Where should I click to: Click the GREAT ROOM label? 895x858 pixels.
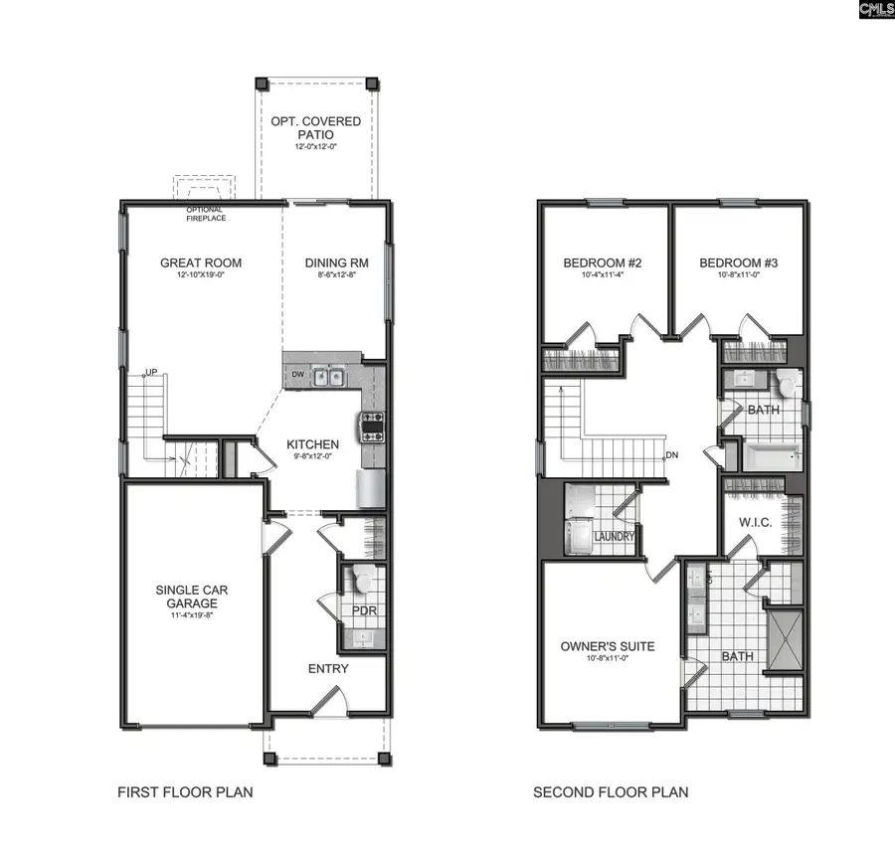coord(201,263)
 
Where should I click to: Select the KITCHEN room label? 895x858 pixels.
coord(312,444)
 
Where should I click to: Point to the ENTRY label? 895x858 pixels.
coord(328,668)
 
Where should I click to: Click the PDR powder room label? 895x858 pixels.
coord(365,609)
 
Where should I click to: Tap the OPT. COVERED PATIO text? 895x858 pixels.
coord(316,128)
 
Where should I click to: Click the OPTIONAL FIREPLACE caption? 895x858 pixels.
coord(204,214)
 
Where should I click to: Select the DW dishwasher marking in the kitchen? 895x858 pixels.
coord(297,375)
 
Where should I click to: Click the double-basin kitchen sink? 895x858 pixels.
coord(327,376)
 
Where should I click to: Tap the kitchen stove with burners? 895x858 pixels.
coord(372,426)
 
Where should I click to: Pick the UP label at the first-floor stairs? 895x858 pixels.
coord(151,372)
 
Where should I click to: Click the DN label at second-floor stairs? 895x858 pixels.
coord(671,455)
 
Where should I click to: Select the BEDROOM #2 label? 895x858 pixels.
coord(602,263)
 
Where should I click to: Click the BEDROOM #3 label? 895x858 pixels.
coord(737,263)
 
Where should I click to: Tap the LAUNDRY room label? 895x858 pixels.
coord(614,537)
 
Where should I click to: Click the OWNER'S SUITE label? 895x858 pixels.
coord(608,646)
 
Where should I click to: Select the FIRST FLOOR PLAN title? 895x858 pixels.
coord(185,792)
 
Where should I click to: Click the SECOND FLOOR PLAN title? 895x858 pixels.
coord(611,792)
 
